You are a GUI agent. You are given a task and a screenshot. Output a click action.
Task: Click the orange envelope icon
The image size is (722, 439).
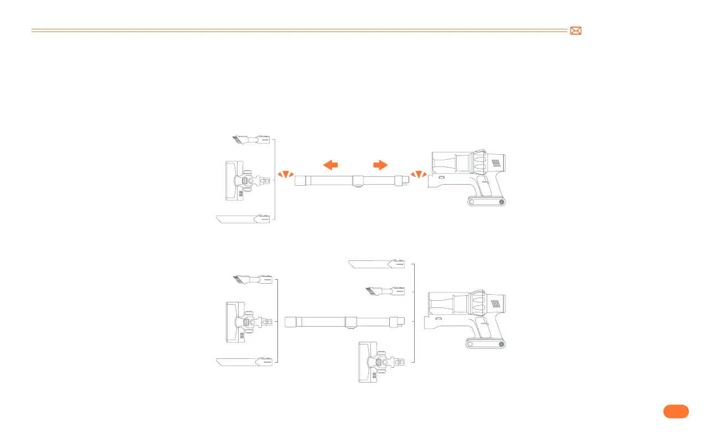click(x=576, y=32)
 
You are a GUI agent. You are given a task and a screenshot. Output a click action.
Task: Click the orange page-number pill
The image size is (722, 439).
click(x=675, y=411)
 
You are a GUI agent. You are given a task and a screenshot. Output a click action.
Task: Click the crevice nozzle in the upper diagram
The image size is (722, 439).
click(x=243, y=219)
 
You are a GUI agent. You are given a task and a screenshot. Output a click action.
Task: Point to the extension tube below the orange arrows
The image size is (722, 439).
click(x=352, y=180)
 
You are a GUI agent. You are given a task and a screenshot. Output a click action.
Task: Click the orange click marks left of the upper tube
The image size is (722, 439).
click(x=286, y=175)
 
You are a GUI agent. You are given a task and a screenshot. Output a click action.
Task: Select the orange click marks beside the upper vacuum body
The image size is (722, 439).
click(x=419, y=175)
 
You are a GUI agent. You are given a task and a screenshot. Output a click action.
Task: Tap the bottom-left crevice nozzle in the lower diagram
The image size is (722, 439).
click(x=244, y=362)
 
